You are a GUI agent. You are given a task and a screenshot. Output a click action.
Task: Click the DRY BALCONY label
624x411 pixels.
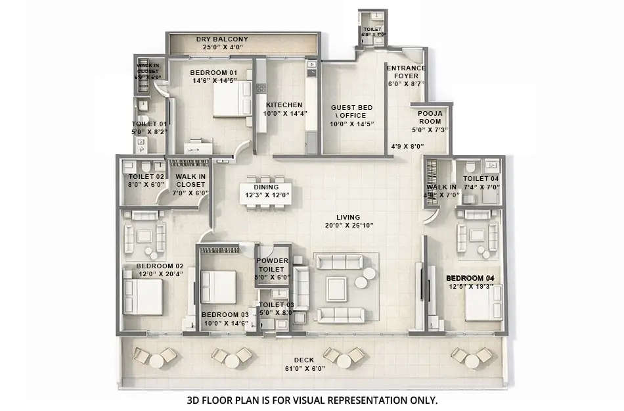pyautogui.click(x=222, y=39)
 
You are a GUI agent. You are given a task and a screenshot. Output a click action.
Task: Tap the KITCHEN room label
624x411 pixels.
pyautogui.click(x=284, y=105)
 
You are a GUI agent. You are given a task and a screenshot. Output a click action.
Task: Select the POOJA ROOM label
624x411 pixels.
pyautogui.click(x=430, y=117)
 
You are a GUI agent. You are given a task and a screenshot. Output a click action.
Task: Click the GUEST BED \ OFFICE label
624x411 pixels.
pyautogui.click(x=352, y=111)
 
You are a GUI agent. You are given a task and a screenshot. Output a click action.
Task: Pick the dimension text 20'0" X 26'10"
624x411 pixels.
pyautogui.click(x=348, y=226)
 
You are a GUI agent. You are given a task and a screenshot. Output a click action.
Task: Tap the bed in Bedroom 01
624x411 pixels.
pyautogui.click(x=229, y=102)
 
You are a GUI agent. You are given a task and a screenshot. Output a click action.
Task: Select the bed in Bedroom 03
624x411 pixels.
pyautogui.click(x=218, y=287)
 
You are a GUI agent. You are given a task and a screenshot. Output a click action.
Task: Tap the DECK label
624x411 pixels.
pyautogui.click(x=303, y=360)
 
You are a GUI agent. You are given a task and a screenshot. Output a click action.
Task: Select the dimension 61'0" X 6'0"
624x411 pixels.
pyautogui.click(x=303, y=369)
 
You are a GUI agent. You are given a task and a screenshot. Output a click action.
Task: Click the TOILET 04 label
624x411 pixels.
pyautogui.click(x=481, y=179)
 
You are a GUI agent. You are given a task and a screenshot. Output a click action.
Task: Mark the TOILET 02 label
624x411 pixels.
pyautogui.click(x=146, y=177)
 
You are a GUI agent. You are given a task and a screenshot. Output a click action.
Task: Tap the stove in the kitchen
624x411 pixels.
pyautogui.click(x=261, y=88)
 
